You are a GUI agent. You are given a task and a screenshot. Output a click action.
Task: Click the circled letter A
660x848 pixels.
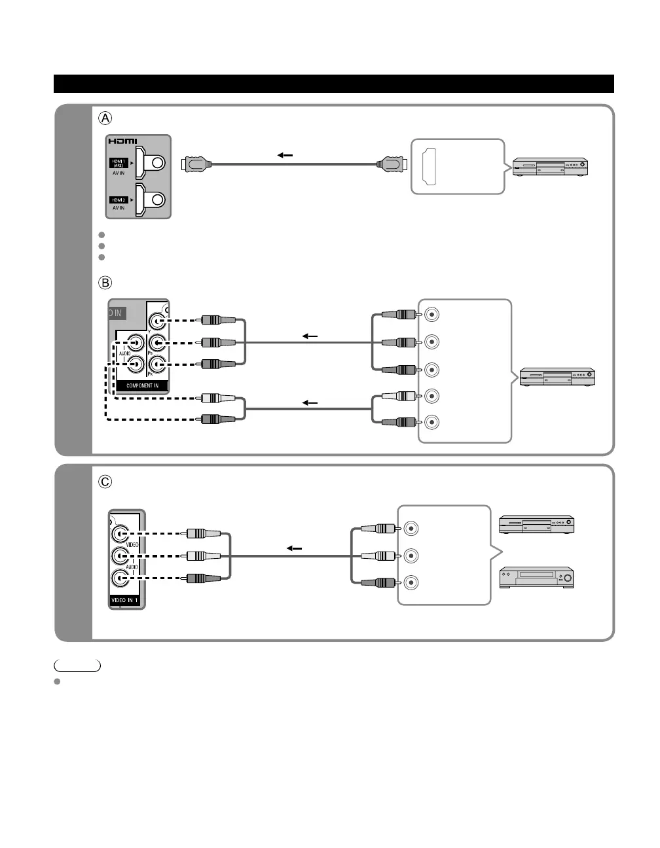(x=105, y=118)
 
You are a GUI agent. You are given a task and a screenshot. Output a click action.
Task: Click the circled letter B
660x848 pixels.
(x=105, y=283)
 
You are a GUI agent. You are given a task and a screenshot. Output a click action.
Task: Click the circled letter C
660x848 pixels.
(x=105, y=482)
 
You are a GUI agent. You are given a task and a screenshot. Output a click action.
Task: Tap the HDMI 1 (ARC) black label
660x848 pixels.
(x=119, y=163)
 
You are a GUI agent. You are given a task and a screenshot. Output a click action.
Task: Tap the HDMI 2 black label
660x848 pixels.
(x=119, y=200)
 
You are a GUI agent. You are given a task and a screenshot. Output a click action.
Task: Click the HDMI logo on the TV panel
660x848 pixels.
(x=122, y=142)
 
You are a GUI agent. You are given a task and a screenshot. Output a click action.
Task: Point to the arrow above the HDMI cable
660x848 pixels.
(x=285, y=156)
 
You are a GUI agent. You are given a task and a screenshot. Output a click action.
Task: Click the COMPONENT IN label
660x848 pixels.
(x=142, y=385)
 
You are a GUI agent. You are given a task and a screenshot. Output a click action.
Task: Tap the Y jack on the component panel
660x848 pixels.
(x=156, y=321)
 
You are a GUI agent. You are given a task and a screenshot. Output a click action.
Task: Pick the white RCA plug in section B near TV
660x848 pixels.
(x=218, y=398)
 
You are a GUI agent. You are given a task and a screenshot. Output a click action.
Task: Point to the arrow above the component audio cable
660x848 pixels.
(x=310, y=402)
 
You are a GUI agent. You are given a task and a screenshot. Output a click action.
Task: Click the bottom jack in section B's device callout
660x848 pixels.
(x=432, y=423)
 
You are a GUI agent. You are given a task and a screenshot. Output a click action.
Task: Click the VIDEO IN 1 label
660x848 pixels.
(x=124, y=600)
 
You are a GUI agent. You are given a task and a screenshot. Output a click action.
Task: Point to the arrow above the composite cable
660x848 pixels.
(x=295, y=548)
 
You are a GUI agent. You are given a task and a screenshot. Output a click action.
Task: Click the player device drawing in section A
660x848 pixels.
(x=549, y=167)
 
